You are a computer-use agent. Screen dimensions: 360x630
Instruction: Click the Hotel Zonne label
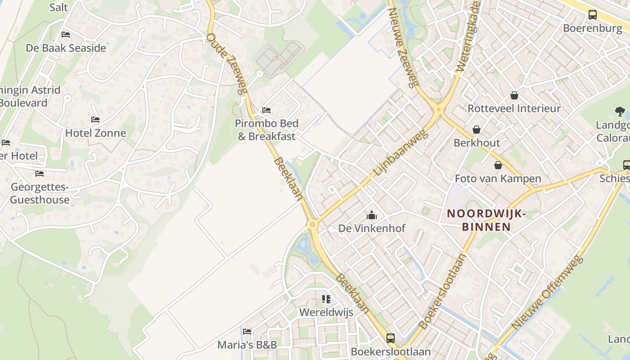(95, 133)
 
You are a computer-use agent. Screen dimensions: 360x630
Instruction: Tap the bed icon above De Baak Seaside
(66, 35)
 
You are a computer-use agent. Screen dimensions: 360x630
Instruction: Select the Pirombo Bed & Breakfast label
(266, 130)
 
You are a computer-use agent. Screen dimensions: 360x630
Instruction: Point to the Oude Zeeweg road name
(227, 63)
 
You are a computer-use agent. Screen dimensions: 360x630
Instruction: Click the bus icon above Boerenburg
(593, 15)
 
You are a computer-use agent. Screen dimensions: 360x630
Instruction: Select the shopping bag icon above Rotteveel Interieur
(514, 95)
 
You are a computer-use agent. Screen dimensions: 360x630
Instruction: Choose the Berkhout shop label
(477, 143)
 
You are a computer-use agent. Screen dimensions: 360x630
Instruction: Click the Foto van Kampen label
(498, 179)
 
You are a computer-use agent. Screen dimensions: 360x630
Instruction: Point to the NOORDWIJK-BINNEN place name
(486, 220)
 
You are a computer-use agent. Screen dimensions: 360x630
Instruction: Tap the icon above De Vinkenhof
(372, 216)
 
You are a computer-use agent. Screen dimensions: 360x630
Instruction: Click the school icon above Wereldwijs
(326, 299)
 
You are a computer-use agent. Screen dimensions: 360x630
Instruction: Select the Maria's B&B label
(247, 345)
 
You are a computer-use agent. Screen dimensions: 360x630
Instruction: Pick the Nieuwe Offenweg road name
(547, 292)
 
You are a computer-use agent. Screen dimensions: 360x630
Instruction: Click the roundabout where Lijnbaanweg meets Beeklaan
(312, 224)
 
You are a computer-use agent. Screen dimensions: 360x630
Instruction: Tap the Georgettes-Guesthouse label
(40, 193)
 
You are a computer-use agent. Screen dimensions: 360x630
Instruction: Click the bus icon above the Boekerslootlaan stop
(390, 338)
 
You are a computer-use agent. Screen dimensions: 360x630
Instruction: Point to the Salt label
(58, 7)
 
